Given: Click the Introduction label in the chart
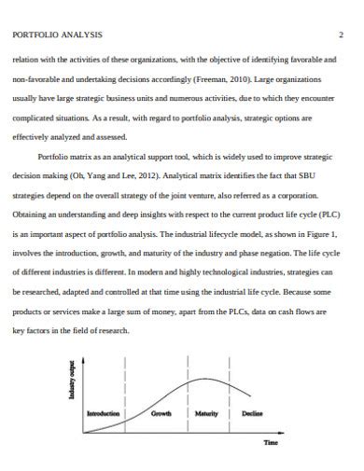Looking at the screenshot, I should [x=105, y=412].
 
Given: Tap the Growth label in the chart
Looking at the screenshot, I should [x=162, y=412].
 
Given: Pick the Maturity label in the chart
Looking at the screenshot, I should [x=206, y=412].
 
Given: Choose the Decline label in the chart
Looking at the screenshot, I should [x=252, y=412].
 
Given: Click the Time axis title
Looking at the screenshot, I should [x=271, y=442].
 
